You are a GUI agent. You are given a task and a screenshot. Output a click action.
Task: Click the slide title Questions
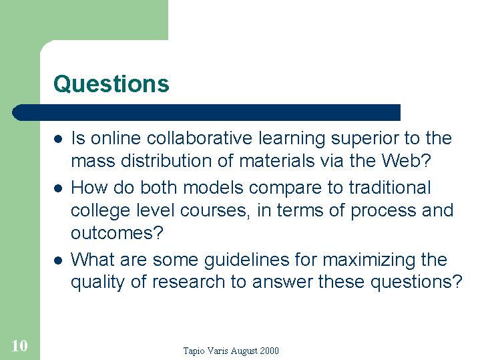111,83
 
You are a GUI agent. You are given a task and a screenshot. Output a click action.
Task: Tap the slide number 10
19,345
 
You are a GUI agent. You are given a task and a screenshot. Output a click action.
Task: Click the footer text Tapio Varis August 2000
231,351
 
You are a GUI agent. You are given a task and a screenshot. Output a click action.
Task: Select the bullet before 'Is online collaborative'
58,139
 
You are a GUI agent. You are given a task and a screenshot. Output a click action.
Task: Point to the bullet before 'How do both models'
58,188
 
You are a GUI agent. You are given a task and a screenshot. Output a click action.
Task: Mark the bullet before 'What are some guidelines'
58,260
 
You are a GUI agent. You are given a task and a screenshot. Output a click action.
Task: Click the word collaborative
200,138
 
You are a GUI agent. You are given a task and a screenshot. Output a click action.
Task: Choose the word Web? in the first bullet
406,160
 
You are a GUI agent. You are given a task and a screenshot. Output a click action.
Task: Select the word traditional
390,187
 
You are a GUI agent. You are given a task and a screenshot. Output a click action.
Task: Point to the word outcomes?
117,233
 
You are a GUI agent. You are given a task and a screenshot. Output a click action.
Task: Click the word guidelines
246,260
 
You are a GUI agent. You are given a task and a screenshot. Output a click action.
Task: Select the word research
188,282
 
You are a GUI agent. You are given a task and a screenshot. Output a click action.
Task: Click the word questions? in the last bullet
416,283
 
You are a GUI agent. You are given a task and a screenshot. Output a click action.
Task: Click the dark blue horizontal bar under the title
206,112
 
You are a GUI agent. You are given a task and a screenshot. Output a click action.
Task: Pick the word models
213,187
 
